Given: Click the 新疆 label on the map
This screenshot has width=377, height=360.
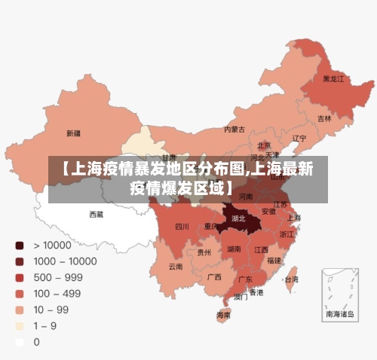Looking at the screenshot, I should (73, 133).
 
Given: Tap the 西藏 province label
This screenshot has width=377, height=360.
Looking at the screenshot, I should (97, 214).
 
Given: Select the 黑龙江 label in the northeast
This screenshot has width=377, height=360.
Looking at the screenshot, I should (333, 78).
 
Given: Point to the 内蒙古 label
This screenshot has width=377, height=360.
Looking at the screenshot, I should (234, 129).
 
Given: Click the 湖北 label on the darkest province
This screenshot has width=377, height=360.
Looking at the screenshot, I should (239, 218).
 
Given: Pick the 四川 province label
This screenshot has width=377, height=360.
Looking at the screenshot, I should (182, 226).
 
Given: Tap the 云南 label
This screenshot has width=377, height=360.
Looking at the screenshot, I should (175, 266).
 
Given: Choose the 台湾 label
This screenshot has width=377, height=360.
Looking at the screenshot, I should (290, 279).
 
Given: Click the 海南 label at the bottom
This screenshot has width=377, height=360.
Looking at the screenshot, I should (224, 315).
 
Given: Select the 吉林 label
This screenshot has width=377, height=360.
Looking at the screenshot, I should (324, 118).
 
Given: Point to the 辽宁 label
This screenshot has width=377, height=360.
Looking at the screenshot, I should (299, 138).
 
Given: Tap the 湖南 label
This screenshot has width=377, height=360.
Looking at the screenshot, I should (234, 249).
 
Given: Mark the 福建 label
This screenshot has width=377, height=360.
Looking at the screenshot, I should (274, 260).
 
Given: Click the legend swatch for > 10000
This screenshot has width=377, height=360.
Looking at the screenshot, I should (19, 245).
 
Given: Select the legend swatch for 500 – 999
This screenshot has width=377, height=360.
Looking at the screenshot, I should (19, 277).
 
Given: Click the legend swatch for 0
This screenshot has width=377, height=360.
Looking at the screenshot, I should (19, 341).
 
